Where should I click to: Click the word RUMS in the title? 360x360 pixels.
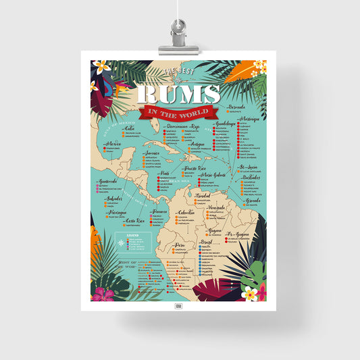(179, 93)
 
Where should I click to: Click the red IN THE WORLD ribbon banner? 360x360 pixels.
(179, 112)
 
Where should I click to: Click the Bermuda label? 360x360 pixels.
(236, 106)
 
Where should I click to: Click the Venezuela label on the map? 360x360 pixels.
(217, 207)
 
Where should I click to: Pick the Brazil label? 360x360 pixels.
(207, 241)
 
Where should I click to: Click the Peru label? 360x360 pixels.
(179, 245)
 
